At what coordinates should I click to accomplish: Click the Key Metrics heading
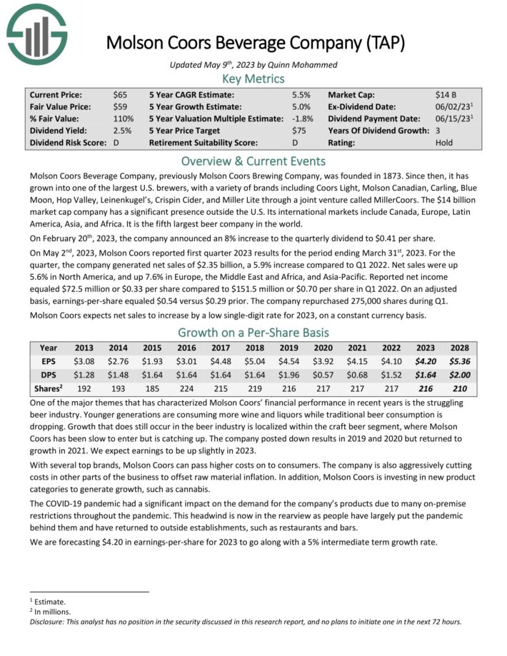(254, 79)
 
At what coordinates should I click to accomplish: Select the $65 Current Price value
(121, 94)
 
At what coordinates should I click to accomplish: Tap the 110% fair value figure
(124, 118)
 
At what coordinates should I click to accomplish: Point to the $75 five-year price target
(299, 130)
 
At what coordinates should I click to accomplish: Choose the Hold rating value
(444, 142)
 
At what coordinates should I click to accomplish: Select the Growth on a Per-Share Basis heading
(254, 332)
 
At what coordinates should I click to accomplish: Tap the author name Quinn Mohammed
(294, 65)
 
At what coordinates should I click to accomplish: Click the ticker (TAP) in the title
(382, 43)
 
